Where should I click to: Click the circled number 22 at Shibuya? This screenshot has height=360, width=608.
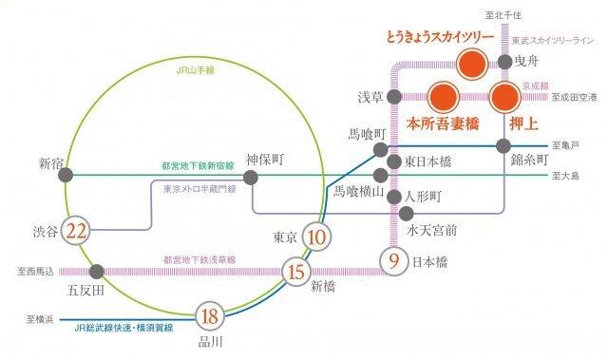click(x=78, y=230)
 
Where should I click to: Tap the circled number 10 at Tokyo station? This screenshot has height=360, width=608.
click(x=318, y=237)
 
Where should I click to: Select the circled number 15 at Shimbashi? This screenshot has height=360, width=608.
click(x=294, y=273)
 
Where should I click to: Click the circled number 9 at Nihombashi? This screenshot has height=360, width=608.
click(x=394, y=259)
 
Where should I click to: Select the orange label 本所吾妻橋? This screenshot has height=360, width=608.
click(x=441, y=123)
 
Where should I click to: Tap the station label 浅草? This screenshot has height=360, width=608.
click(x=370, y=97)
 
